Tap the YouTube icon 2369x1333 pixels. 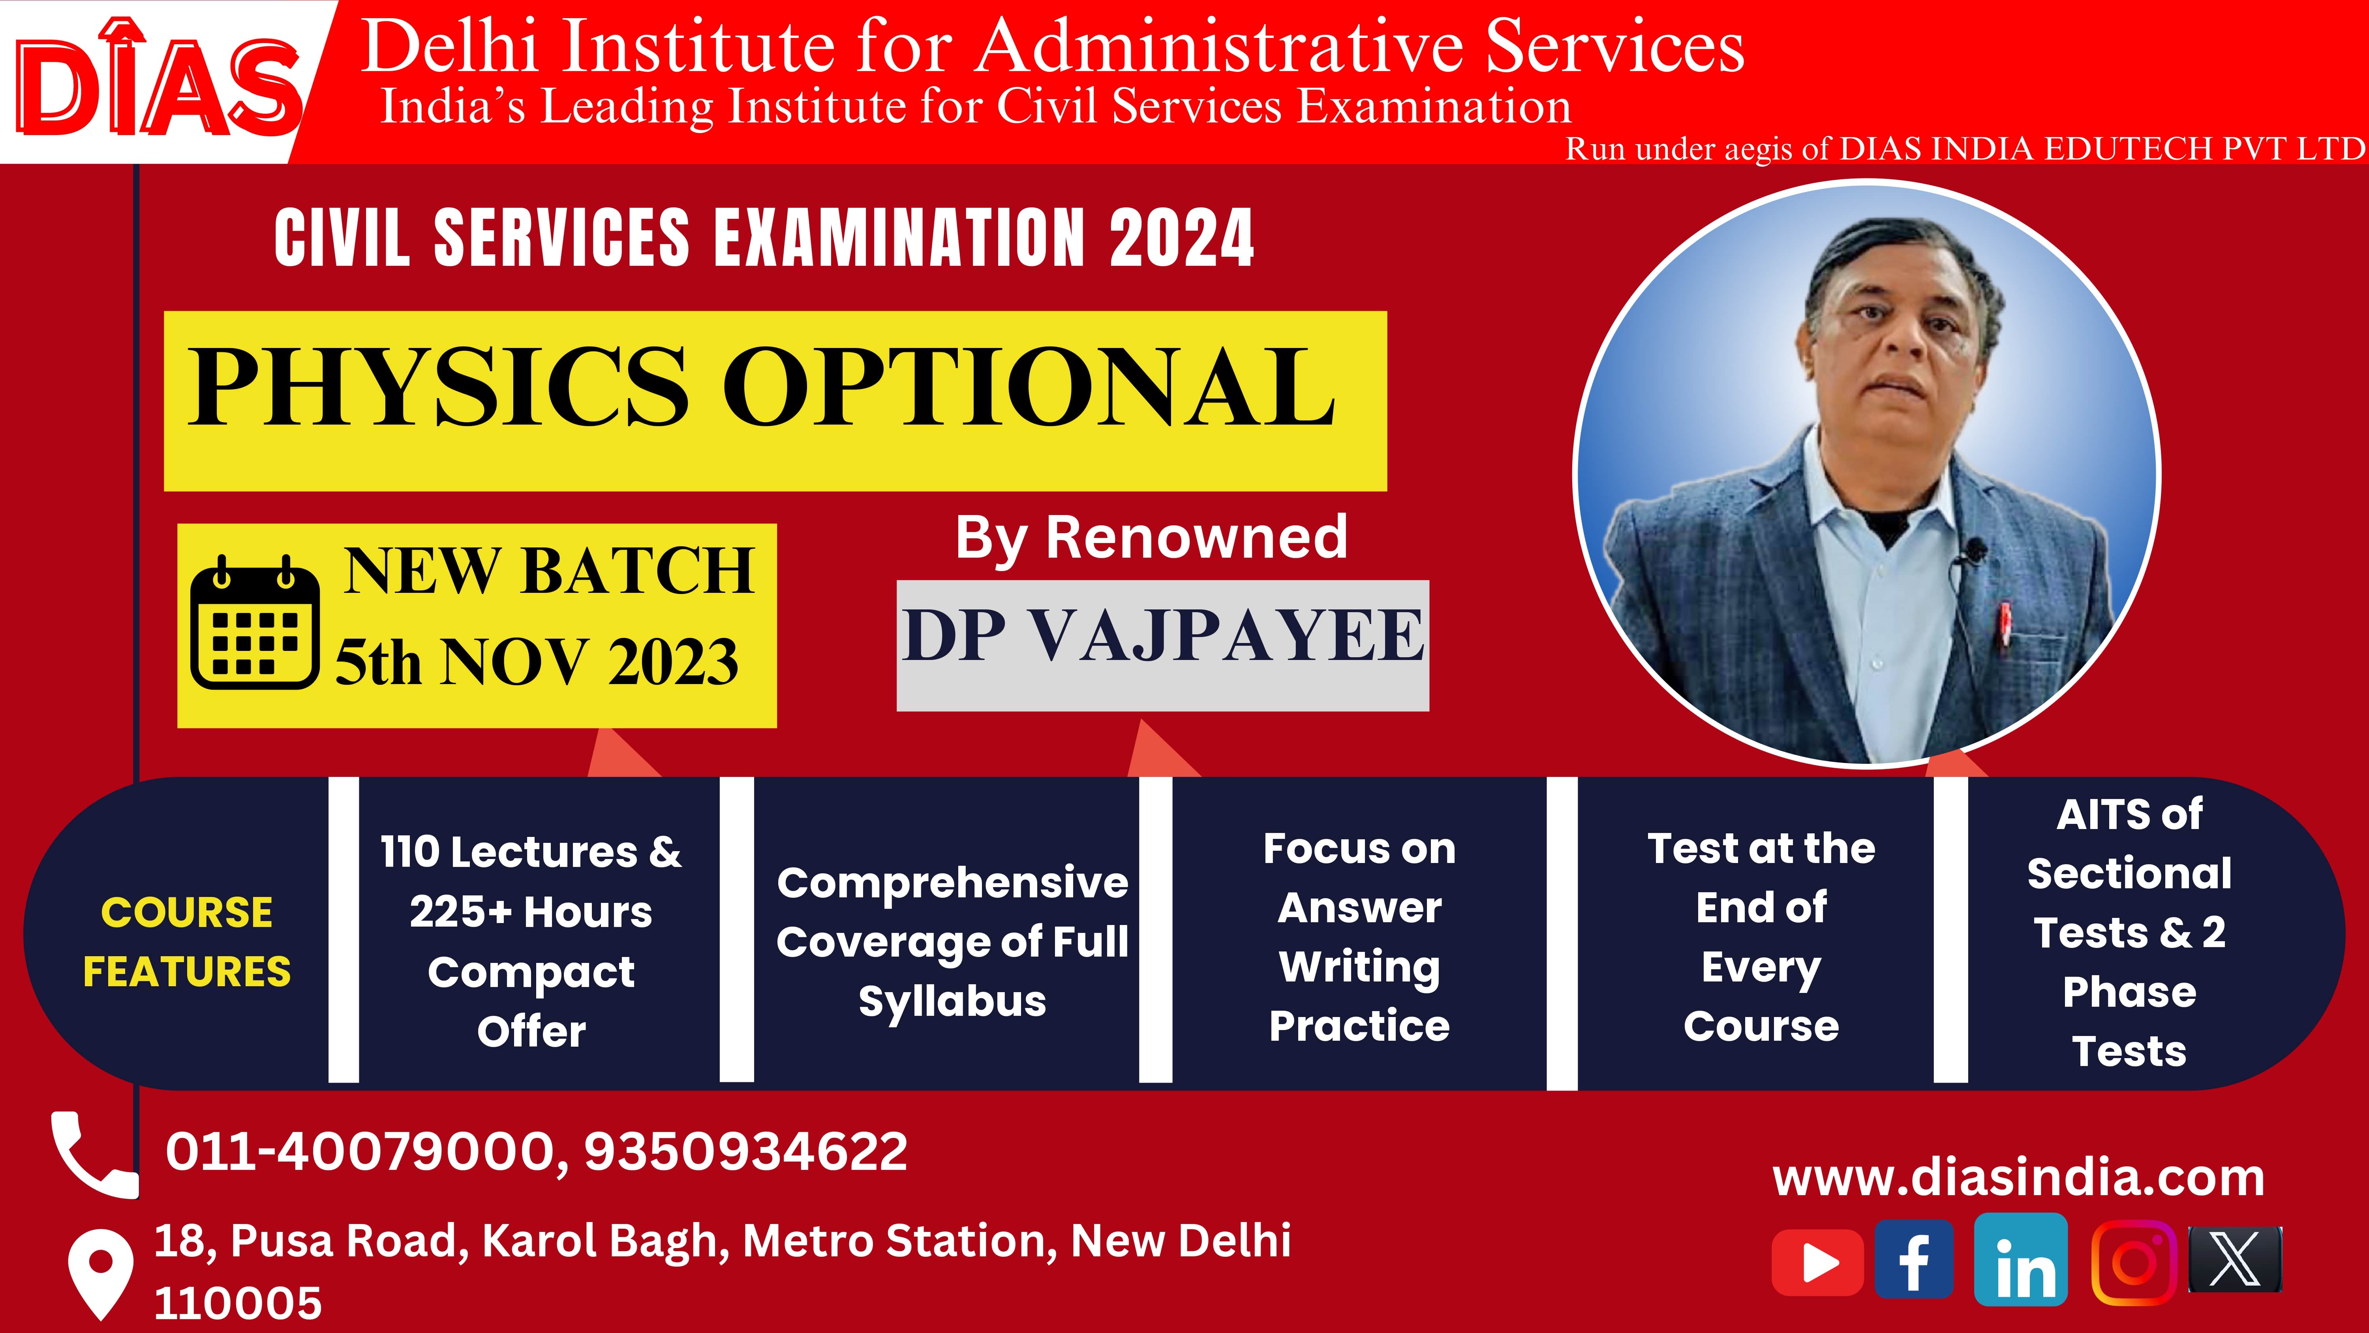tap(1817, 1263)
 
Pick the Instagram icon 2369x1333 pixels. tap(2134, 1262)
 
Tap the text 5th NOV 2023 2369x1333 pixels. tap(536, 662)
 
